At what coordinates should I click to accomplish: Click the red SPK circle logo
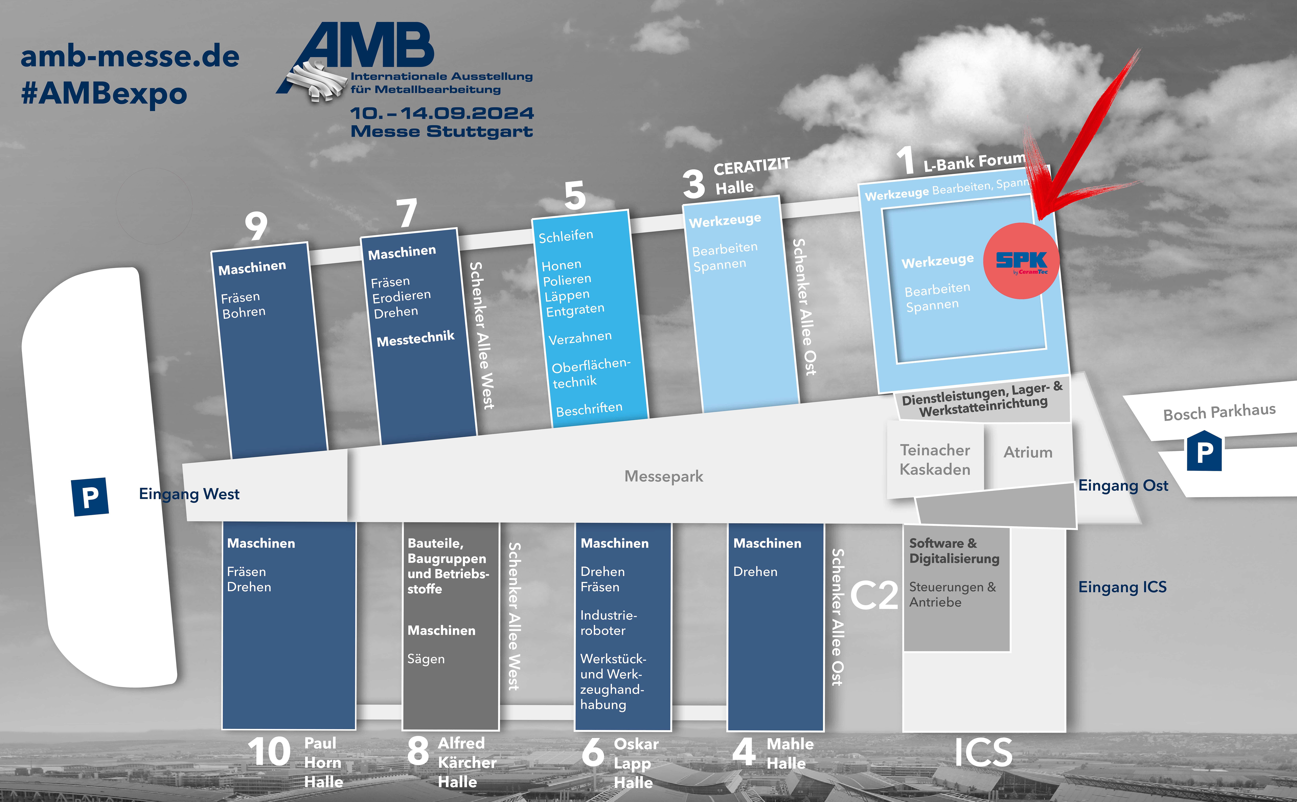tap(1021, 260)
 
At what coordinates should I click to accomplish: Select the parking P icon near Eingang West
tap(90, 496)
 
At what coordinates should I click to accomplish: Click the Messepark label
tap(664, 476)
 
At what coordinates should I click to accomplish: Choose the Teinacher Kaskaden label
tap(935, 459)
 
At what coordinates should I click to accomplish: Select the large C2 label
tap(874, 596)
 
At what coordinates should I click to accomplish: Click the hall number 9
tap(256, 226)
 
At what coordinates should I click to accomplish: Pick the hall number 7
tap(407, 213)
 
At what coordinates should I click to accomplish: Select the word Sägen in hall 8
tap(426, 659)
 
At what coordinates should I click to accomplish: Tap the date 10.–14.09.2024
tap(442, 113)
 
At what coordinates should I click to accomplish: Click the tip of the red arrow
tap(1038, 220)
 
